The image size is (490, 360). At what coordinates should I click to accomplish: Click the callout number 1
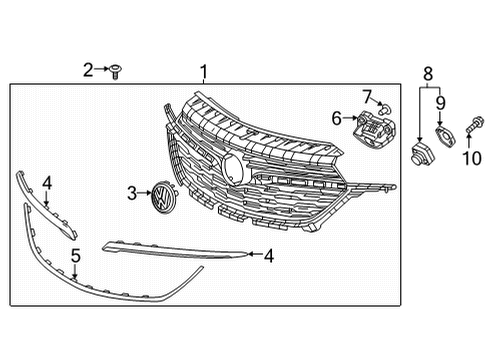pos(205,71)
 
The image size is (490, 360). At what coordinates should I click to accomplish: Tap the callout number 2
pos(88,69)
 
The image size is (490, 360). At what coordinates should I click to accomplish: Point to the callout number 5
pos(74,257)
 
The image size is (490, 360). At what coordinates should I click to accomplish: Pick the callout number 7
pos(367,96)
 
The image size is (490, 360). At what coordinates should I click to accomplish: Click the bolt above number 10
pos(472,128)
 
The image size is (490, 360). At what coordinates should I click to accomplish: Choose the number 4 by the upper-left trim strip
pos(46,184)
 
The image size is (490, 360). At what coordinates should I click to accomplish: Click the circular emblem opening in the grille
pos(233,167)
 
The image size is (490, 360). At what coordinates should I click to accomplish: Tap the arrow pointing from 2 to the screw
pos(101,70)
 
